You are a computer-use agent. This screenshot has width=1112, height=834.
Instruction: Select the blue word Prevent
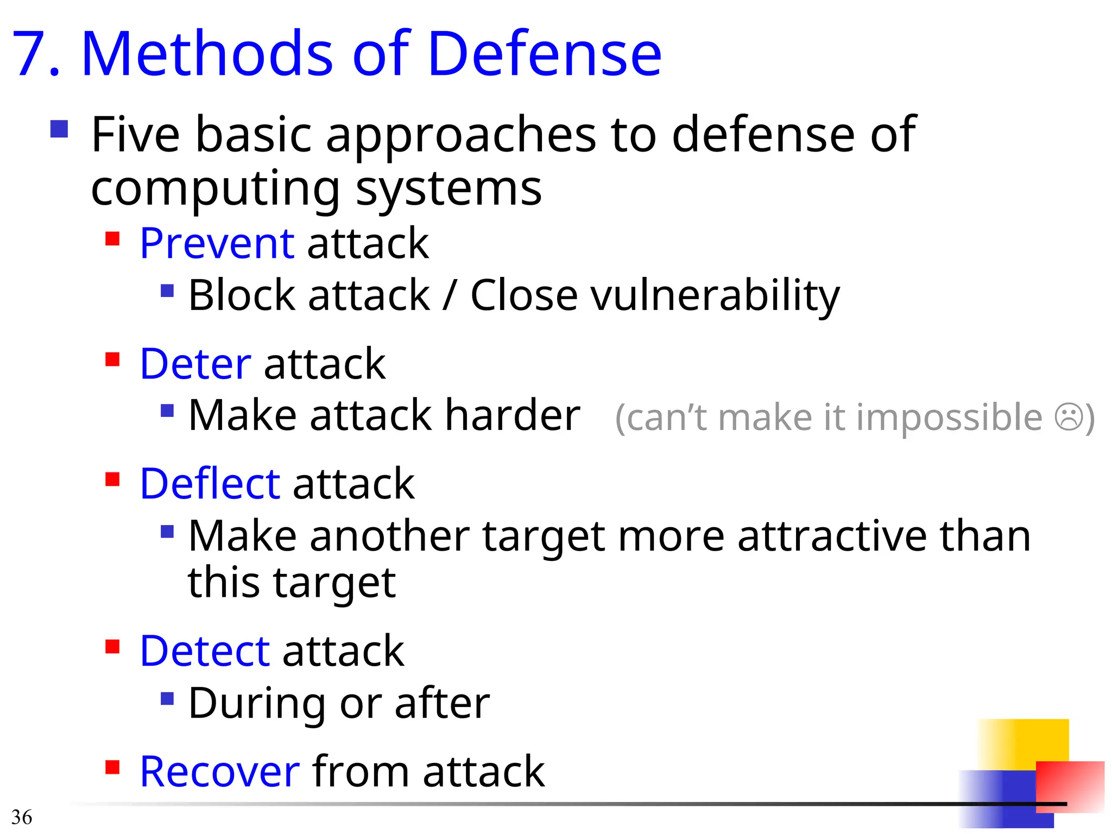point(217,243)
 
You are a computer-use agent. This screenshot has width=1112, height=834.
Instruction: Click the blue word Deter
point(195,364)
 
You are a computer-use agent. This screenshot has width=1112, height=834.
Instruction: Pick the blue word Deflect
point(210,484)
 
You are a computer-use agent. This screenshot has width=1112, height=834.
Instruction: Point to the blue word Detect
point(204,651)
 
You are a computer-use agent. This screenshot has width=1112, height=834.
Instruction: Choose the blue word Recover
point(219,772)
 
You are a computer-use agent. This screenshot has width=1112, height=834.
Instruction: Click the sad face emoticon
point(1069,418)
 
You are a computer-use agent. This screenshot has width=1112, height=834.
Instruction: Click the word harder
point(513,416)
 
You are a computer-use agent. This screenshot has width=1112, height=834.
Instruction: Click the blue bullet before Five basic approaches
point(59,129)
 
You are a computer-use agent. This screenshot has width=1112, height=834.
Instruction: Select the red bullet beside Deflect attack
point(112,479)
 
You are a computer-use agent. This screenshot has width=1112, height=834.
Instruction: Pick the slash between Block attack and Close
point(449,296)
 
